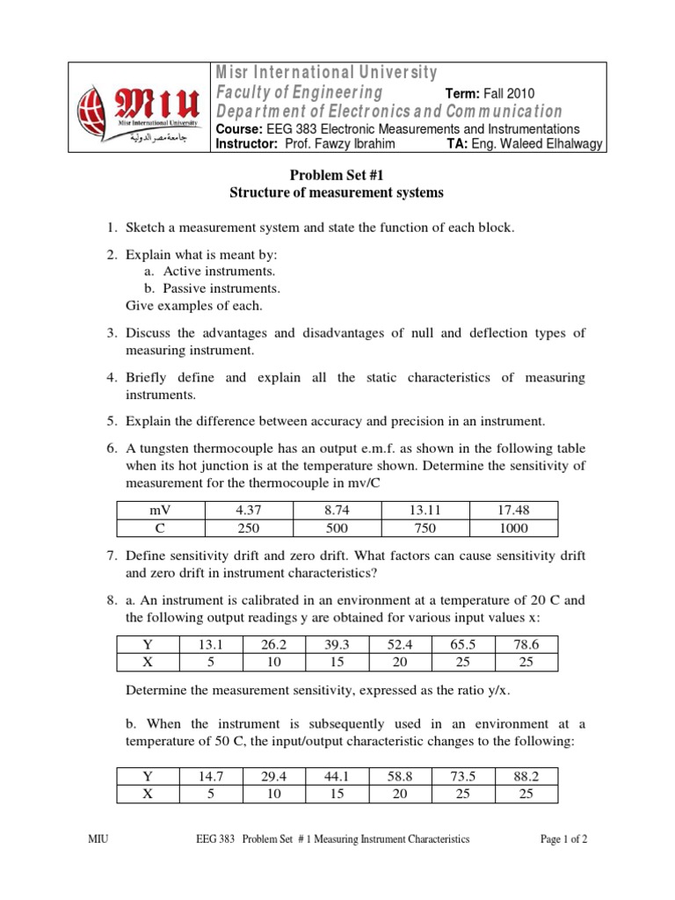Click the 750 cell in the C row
point(425,527)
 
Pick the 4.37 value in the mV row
point(247,510)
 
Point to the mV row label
point(159,510)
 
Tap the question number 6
point(112,448)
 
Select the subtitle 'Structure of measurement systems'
point(337,193)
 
